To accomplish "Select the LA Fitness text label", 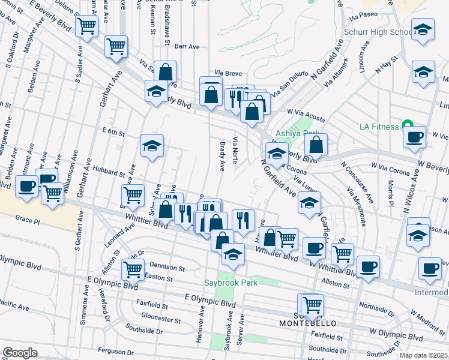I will click(x=379, y=127).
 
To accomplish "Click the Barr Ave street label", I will click(x=187, y=46).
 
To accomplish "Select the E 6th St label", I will click(x=113, y=132).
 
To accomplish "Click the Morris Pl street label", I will click(x=391, y=193).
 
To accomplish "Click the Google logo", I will click(x=20, y=353).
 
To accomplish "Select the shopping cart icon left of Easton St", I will click(x=132, y=269).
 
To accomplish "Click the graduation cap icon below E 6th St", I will click(x=152, y=146).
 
